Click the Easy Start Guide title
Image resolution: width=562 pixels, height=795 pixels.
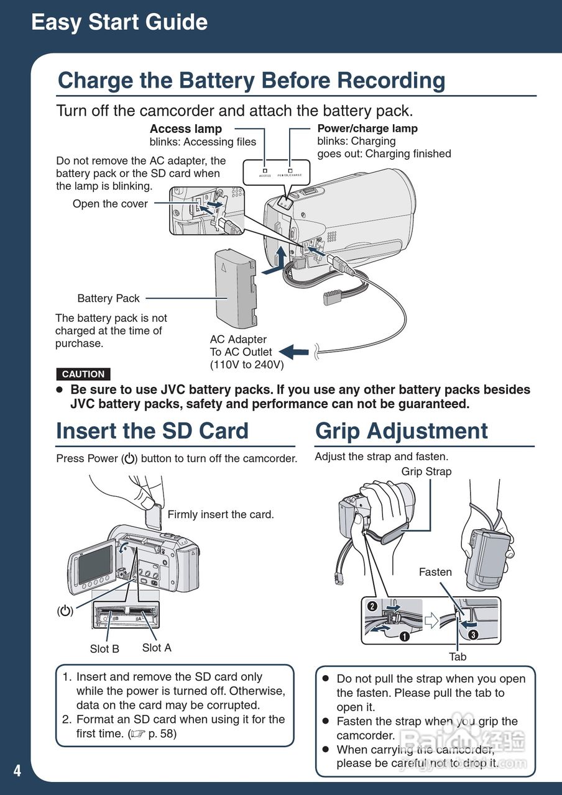click(x=119, y=22)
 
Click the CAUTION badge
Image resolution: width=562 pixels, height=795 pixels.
click(x=83, y=374)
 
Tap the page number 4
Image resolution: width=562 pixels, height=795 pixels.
click(x=17, y=771)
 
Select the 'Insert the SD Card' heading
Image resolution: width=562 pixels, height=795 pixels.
click(x=152, y=431)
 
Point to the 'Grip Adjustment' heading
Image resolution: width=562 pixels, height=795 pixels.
click(x=402, y=431)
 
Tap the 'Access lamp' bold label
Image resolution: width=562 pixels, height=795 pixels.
click(x=186, y=129)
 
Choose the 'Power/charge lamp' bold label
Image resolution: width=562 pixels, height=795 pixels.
click(x=367, y=129)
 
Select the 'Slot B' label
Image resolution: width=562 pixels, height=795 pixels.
click(x=104, y=649)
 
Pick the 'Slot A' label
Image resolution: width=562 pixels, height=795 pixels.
click(x=157, y=648)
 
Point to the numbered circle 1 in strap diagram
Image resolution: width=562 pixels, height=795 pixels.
click(x=405, y=636)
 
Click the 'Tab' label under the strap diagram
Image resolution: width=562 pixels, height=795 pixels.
click(x=458, y=656)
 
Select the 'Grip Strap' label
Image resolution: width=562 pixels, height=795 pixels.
click(x=426, y=471)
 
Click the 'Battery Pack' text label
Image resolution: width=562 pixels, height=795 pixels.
click(x=108, y=298)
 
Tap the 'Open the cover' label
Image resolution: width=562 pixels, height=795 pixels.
click(x=110, y=204)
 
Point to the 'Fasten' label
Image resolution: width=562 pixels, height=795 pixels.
click(x=435, y=572)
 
